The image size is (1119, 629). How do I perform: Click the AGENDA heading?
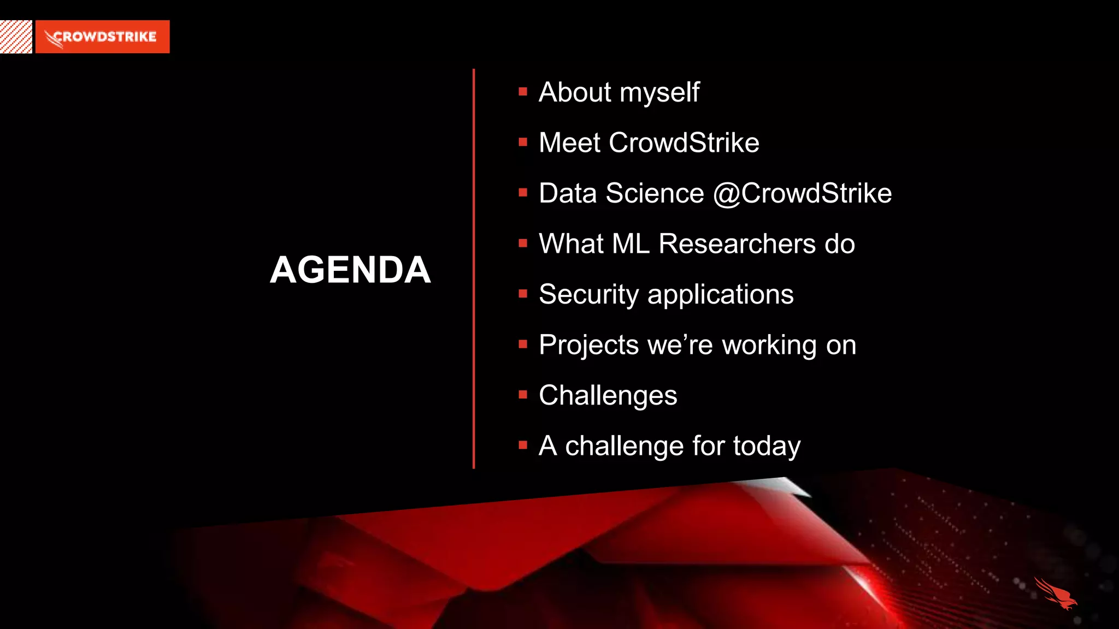(x=350, y=270)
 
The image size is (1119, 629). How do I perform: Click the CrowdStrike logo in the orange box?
(x=102, y=37)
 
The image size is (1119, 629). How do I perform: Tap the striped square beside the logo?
(x=16, y=37)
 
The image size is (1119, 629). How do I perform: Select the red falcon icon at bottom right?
(x=1055, y=594)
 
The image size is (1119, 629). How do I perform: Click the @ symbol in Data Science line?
(x=726, y=194)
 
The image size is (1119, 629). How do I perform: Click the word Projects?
(x=588, y=346)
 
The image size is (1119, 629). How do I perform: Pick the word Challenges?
(x=608, y=396)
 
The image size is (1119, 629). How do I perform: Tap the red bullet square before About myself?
(x=523, y=92)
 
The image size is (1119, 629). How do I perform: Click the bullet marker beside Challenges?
(x=523, y=395)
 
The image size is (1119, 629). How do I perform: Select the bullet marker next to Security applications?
(x=523, y=294)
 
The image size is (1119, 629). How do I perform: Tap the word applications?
(x=720, y=295)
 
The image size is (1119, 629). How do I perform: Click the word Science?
(x=655, y=194)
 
